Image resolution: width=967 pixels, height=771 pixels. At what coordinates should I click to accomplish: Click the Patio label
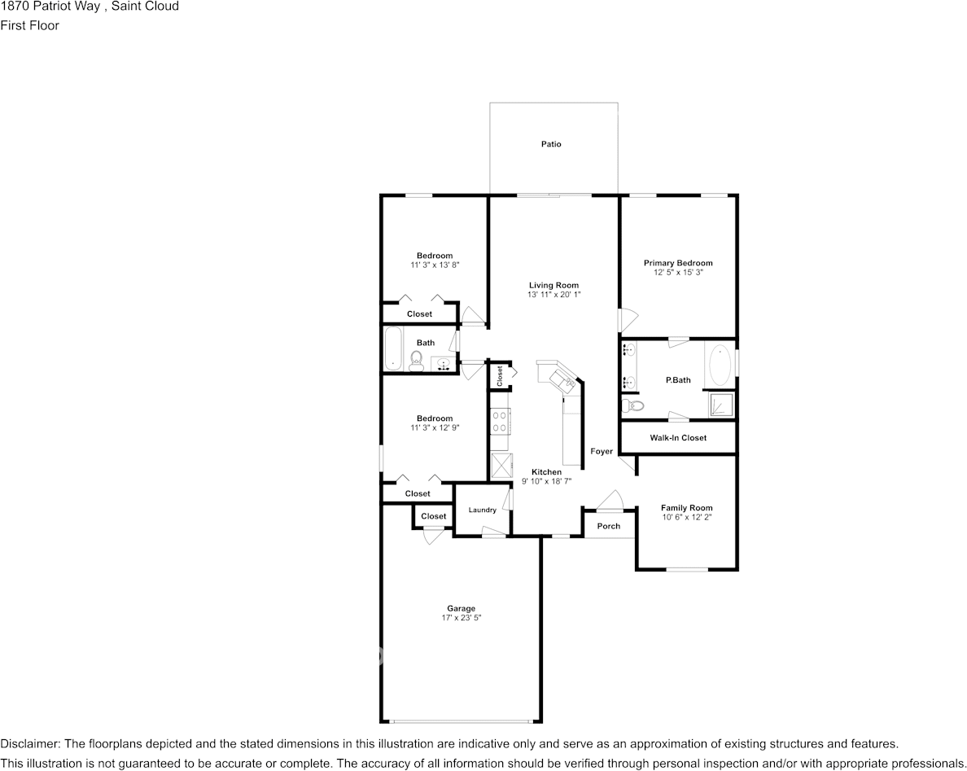tap(551, 144)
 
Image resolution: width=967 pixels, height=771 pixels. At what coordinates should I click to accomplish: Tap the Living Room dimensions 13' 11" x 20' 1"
tap(554, 295)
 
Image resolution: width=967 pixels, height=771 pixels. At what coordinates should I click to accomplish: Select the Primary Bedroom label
tap(678, 263)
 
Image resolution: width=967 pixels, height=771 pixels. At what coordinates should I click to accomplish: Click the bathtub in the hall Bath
tap(393, 349)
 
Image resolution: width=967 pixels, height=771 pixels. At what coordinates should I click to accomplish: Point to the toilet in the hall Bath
tap(416, 361)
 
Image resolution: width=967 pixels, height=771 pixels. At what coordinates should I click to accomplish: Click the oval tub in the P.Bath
tap(720, 366)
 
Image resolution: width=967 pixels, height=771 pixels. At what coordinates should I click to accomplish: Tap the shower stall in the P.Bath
tap(720, 405)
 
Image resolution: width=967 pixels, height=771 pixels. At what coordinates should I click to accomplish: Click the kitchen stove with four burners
tap(500, 422)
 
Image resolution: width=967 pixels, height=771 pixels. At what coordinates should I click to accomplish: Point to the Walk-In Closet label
tap(678, 438)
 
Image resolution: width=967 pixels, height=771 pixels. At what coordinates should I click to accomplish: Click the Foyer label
tap(602, 452)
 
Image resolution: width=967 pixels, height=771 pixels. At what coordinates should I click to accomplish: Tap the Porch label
tap(609, 526)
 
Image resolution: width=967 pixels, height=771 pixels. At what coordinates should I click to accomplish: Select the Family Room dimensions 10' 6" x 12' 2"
tap(686, 517)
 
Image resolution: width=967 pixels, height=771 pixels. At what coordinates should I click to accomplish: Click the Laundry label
tap(483, 510)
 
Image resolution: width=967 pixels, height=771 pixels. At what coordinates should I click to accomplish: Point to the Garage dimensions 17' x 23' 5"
tap(461, 618)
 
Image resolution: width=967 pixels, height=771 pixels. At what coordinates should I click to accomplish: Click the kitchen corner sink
tap(562, 379)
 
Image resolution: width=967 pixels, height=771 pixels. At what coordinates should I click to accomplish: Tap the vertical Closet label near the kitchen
tap(500, 375)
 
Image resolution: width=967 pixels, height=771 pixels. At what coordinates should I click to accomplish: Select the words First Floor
tap(29, 25)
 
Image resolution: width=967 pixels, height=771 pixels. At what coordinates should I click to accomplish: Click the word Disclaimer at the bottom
tap(29, 744)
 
